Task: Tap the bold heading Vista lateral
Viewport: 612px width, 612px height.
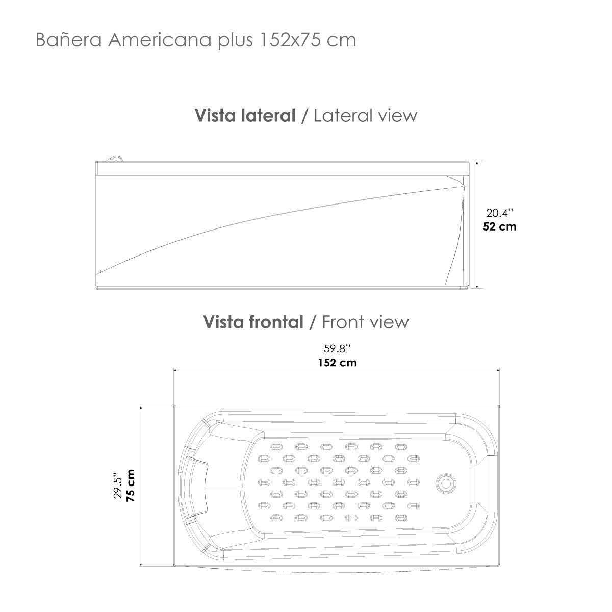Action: point(245,116)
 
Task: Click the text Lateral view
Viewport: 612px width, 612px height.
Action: point(366,116)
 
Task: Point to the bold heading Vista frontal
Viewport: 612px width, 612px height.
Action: point(253,322)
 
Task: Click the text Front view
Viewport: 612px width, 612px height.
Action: point(366,322)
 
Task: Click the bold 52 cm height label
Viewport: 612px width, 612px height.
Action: point(499,226)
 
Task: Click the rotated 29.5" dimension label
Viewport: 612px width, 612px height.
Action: point(118,486)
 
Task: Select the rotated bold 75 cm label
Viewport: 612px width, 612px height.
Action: point(131,486)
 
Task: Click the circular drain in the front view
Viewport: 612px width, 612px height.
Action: point(446,482)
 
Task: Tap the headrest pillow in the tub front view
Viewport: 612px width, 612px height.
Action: point(197,482)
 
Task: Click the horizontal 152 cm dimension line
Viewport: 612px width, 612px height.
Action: point(255,371)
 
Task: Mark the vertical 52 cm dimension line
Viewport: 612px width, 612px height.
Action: point(477,255)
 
